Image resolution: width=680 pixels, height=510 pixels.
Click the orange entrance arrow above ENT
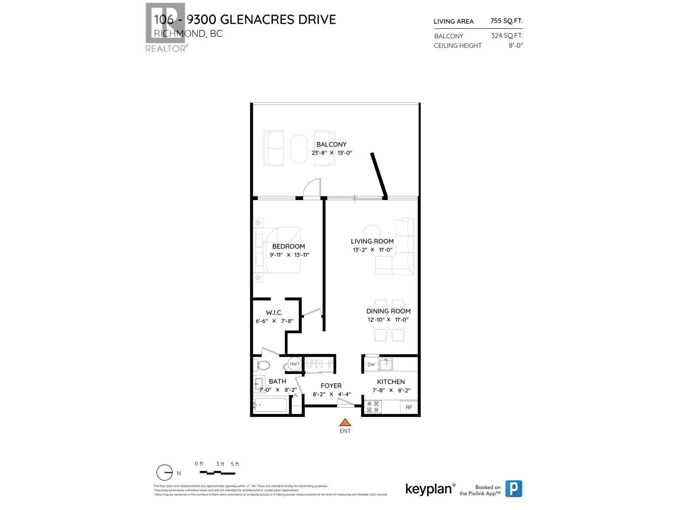345,422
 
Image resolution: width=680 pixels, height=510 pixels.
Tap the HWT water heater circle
295,364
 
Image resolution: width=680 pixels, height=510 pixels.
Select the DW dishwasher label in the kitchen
371,365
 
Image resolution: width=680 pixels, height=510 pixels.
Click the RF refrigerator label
409,407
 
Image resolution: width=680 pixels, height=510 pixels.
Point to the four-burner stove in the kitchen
373,407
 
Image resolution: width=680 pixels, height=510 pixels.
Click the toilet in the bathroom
262,365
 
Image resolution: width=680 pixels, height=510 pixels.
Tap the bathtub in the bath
271,405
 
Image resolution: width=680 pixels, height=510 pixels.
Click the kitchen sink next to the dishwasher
386,364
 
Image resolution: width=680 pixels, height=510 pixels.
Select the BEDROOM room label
289,246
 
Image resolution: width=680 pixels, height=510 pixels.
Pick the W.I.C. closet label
274,313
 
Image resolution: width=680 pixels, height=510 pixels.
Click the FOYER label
331,386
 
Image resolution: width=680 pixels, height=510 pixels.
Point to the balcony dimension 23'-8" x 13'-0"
332,153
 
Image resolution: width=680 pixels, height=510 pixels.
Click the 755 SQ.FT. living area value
507,21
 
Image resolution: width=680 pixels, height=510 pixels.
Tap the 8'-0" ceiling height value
516,45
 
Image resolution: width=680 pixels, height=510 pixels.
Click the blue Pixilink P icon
513,489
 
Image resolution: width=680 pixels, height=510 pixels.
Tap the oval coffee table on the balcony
299,149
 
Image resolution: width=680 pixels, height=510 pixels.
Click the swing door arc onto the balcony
312,189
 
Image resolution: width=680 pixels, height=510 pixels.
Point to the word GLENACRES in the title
261,20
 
